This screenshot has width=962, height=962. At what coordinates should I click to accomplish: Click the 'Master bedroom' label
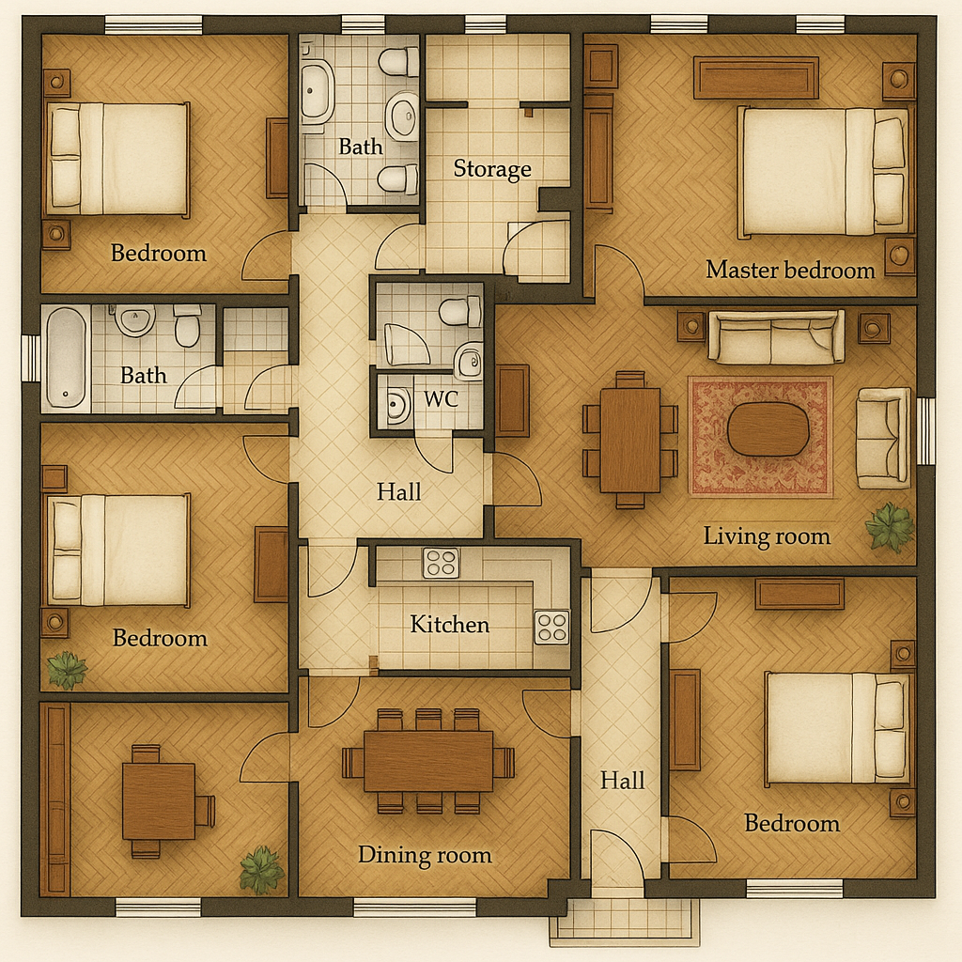pyautogui.click(x=790, y=270)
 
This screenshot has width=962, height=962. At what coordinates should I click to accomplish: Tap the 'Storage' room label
pyautogui.click(x=492, y=169)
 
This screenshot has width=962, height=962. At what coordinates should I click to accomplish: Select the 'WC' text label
pyautogui.click(x=442, y=399)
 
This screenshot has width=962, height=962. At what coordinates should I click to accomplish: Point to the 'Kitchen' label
pyautogui.click(x=450, y=625)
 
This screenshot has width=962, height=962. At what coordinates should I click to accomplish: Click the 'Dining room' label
pyautogui.click(x=425, y=855)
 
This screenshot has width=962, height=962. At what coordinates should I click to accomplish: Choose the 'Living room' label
pyautogui.click(x=767, y=536)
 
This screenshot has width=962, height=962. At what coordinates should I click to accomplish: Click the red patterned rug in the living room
pyautogui.click(x=760, y=437)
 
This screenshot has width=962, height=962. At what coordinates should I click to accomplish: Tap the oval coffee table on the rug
pyautogui.click(x=768, y=429)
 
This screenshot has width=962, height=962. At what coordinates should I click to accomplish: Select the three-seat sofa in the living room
pyautogui.click(x=776, y=337)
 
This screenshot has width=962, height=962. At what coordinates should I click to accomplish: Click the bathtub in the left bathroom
pyautogui.click(x=66, y=358)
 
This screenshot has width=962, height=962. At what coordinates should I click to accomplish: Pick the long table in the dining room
pyautogui.click(x=428, y=761)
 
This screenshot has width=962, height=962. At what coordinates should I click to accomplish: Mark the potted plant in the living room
pyautogui.click(x=889, y=526)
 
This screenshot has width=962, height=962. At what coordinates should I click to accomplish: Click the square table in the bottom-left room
pyautogui.click(x=159, y=801)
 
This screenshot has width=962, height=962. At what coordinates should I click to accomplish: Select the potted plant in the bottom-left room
pyautogui.click(x=262, y=869)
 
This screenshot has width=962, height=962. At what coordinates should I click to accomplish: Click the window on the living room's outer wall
pyautogui.click(x=925, y=431)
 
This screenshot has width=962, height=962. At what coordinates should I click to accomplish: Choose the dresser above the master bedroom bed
pyautogui.click(x=756, y=78)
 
